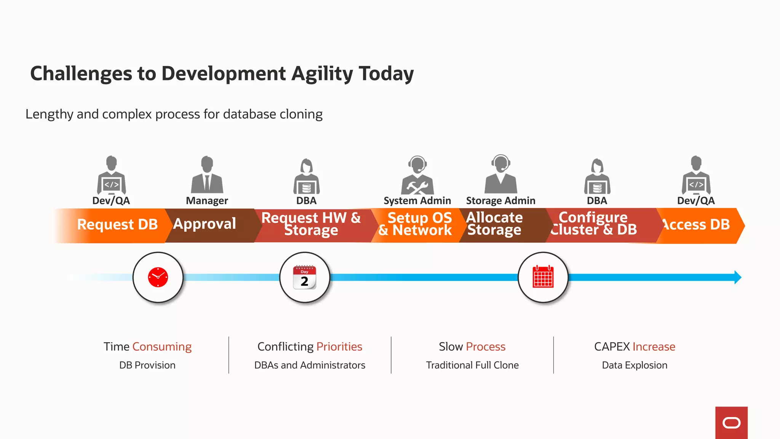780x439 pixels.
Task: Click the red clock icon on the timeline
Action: click(158, 277)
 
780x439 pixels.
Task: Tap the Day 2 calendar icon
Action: click(304, 277)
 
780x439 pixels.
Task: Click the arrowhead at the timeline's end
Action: click(738, 277)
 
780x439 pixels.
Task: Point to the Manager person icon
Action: click(207, 175)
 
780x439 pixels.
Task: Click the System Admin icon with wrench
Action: click(417, 175)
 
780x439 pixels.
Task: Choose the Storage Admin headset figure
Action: click(501, 175)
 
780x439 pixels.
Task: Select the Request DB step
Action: click(117, 224)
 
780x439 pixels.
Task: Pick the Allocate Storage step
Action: click(495, 224)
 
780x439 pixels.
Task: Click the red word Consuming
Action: click(162, 347)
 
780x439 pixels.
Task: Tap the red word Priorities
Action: click(339, 347)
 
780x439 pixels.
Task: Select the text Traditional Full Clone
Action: click(472, 365)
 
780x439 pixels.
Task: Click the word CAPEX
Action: click(612, 347)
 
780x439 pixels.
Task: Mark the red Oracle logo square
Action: click(731, 423)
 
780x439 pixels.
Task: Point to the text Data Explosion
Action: click(635, 365)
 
